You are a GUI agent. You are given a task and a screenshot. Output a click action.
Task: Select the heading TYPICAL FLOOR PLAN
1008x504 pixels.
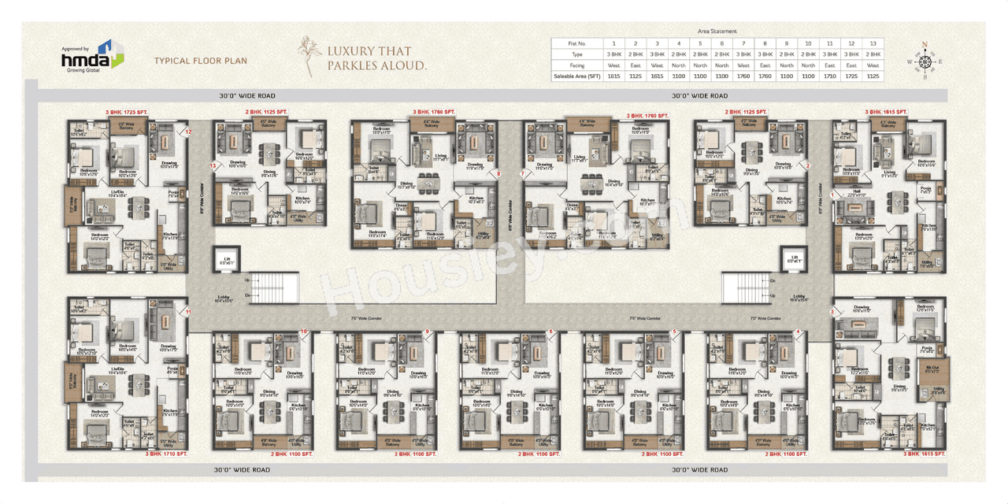[x=200, y=61]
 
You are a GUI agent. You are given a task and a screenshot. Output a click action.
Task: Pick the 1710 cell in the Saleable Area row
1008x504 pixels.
[x=829, y=76]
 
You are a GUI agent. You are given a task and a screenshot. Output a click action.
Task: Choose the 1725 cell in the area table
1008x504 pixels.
[x=850, y=76]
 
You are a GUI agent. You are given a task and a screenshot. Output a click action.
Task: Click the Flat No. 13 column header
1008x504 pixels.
[x=872, y=43]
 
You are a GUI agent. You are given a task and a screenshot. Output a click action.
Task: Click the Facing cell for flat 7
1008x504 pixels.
[x=743, y=65]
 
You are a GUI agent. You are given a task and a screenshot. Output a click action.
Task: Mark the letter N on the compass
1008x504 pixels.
[x=925, y=44]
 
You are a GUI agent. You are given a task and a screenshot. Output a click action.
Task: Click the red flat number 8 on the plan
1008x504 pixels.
[x=498, y=174]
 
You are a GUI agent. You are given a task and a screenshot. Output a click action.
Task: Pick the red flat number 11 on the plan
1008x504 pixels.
[x=188, y=313]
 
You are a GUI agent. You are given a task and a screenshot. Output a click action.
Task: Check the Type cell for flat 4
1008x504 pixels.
[x=679, y=54]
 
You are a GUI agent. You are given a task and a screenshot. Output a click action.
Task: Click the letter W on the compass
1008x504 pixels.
[x=909, y=61]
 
